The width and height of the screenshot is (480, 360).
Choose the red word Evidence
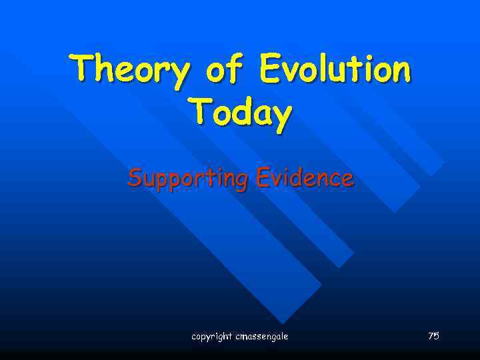click(x=303, y=178)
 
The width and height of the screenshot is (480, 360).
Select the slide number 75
click(x=433, y=336)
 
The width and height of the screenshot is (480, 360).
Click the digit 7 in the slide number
click(x=431, y=336)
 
